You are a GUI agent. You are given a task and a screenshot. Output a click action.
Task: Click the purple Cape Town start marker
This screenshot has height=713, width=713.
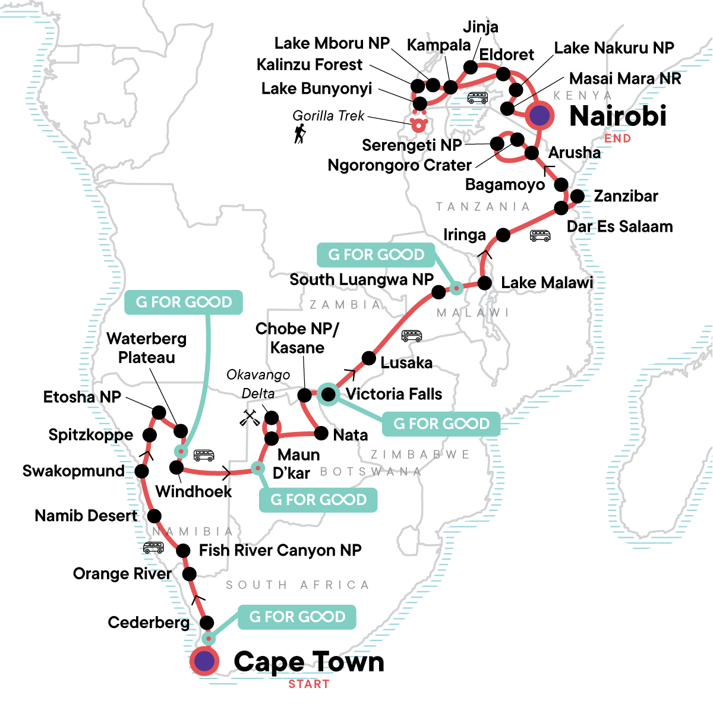click(204, 661)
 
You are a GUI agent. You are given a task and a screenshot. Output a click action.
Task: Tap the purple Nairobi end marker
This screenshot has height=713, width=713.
click(540, 115)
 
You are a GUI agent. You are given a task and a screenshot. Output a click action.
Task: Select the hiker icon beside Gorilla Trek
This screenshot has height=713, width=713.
click(300, 134)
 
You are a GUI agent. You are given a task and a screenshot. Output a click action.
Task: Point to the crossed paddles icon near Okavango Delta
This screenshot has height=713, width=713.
click(250, 418)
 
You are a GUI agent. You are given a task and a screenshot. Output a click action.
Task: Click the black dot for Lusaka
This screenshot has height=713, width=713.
click(369, 358)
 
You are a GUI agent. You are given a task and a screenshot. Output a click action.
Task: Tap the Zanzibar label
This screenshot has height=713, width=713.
click(626, 196)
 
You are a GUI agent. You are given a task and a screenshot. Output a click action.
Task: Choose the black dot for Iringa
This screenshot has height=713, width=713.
click(503, 235)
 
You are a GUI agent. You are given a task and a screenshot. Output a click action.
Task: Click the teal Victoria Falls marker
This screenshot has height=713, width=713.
click(328, 394)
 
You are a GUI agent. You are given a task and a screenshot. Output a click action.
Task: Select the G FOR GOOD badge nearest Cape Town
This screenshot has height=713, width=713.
click(297, 617)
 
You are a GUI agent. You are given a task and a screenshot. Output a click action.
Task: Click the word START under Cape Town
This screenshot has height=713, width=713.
click(308, 684)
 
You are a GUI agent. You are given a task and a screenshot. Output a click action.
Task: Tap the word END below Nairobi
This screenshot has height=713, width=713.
click(617, 138)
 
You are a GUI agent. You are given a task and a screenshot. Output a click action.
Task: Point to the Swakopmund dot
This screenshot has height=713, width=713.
click(141, 471)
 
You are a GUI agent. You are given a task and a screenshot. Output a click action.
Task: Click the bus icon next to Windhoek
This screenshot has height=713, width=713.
click(204, 456)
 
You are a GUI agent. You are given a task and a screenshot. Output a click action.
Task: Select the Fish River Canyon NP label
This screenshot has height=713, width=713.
click(280, 550)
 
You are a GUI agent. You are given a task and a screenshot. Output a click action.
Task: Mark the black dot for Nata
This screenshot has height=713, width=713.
click(321, 433)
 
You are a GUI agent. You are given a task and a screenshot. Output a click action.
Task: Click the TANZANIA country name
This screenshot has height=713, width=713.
click(482, 206)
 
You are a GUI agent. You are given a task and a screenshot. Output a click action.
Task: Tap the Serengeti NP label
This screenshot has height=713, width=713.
click(412, 145)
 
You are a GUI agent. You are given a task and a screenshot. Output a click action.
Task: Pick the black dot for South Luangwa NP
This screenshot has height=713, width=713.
click(438, 292)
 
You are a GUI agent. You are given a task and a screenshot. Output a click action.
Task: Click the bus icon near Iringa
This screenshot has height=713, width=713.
click(540, 236)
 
